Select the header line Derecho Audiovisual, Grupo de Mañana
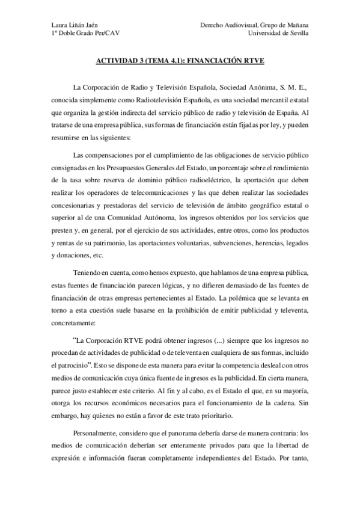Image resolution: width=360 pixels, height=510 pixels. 255,25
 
